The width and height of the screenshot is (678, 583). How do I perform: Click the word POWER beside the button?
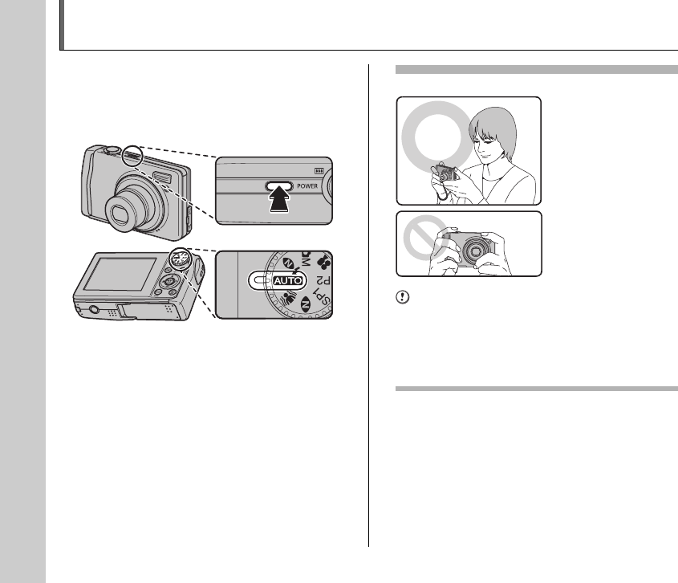coord(307,186)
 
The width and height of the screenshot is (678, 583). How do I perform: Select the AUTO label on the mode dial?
coord(287,281)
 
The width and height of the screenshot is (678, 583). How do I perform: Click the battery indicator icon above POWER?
coord(319,171)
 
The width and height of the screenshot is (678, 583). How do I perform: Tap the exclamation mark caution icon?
coord(402,297)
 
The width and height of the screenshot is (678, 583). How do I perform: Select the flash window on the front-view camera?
coord(161,177)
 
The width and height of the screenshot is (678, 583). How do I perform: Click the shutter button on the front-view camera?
coord(111,149)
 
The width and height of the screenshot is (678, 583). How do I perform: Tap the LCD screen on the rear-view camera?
coord(120,274)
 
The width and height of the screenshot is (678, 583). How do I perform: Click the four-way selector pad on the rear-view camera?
coord(167,282)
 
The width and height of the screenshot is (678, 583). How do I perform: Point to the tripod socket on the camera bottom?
coord(93,309)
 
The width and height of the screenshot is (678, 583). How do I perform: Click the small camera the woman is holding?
coord(446,173)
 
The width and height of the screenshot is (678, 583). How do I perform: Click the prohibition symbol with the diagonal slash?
coord(424,238)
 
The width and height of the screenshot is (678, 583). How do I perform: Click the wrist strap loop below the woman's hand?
coord(442,194)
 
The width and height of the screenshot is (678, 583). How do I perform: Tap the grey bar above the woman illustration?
coord(537,70)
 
